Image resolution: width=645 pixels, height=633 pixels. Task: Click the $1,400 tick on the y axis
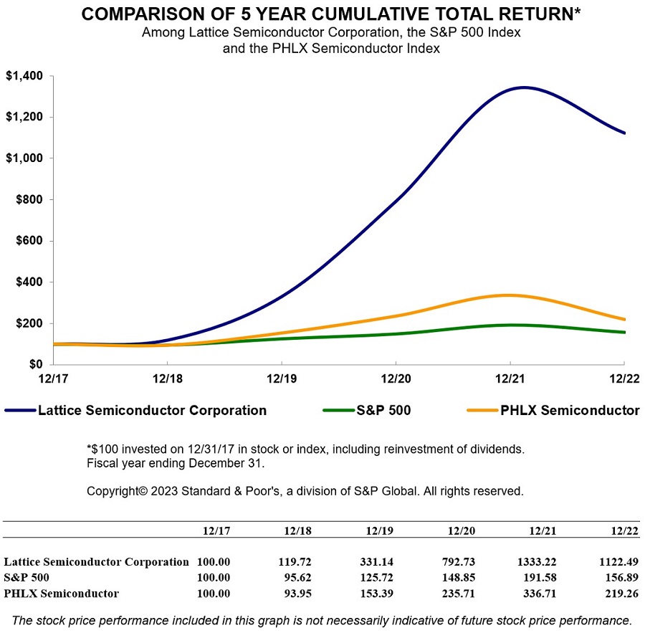click(x=24, y=76)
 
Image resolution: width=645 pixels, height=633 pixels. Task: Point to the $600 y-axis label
click(x=29, y=241)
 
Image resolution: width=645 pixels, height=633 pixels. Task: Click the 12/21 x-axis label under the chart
click(x=510, y=377)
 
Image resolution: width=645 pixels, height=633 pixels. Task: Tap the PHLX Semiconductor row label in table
click(x=62, y=593)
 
